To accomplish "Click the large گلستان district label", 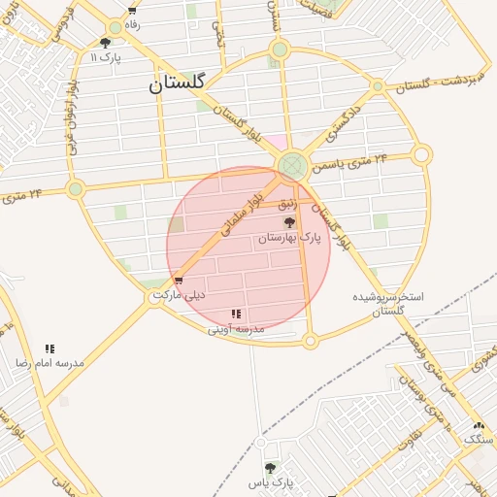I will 177,84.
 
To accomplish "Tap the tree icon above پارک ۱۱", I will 105,43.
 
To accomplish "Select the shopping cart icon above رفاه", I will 132,11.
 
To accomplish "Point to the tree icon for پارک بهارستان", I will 289,223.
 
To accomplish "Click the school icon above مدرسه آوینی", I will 236,315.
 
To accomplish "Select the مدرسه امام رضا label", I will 49,362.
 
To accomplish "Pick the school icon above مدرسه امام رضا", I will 50,348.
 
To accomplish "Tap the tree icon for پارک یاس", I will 270,468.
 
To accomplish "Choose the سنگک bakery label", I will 478,440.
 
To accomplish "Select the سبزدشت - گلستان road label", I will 437,81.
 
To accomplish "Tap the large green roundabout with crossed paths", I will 292,166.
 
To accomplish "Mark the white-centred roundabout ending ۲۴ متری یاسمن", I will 421,154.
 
